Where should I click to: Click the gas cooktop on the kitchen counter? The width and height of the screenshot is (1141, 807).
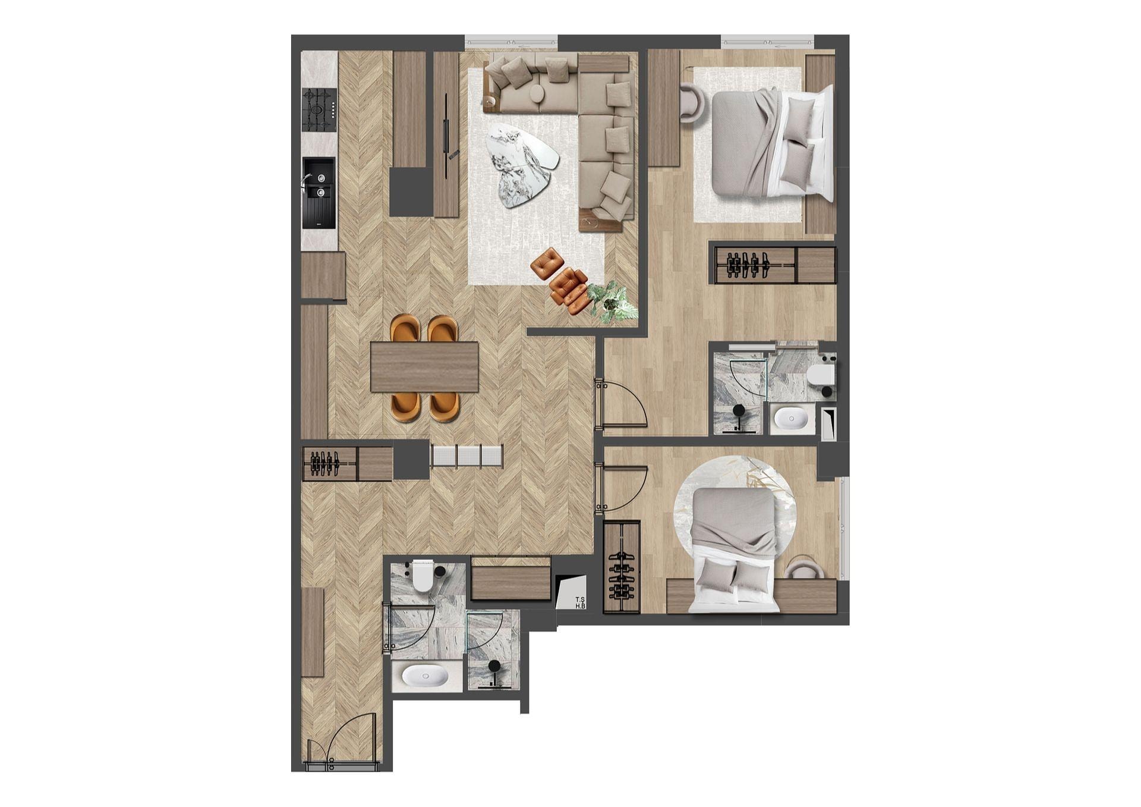319,110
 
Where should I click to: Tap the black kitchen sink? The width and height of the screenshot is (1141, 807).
319,193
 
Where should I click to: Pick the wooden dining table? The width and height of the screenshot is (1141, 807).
424,366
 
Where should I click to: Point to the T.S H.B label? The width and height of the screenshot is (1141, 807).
580,603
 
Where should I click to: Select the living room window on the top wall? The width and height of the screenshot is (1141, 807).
512,42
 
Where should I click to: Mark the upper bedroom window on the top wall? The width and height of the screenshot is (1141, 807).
768,41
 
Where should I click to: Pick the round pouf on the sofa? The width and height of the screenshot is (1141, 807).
538,94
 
